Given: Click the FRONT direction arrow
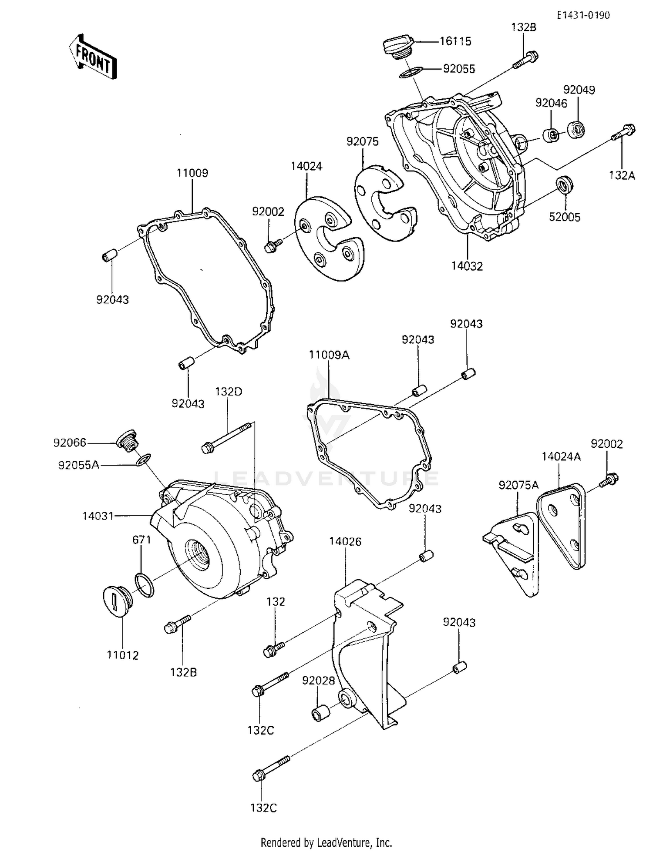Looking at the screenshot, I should click(93, 57).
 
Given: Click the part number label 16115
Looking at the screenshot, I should click(455, 41).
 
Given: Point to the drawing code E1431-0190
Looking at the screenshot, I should click(584, 15).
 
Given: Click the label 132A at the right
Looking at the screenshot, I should click(622, 175).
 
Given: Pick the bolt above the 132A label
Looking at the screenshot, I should click(624, 131).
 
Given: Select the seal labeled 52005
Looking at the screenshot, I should click(565, 184).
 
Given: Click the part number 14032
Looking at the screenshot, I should click(467, 266).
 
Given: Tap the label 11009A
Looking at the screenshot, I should click(329, 355).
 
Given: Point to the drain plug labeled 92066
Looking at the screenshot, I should click(127, 441).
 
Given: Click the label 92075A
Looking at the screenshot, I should click(518, 485).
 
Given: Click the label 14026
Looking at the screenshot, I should click(345, 541).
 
